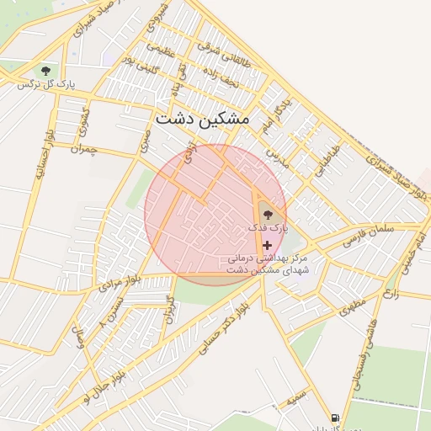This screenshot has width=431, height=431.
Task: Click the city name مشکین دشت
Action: (203, 119)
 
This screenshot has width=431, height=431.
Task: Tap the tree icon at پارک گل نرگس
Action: (45, 71)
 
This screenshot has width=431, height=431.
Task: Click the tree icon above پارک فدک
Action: (268, 215)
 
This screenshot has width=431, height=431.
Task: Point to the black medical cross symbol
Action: (268, 244)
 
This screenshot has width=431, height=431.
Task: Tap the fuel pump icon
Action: (335, 418)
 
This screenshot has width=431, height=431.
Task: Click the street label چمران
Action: (85, 148)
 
